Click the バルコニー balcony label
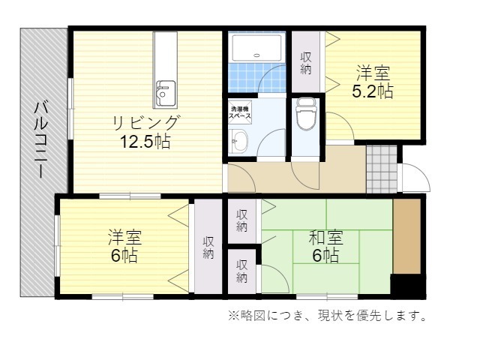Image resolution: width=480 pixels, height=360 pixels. tap(41, 140)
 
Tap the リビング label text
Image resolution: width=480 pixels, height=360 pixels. tap(145, 123)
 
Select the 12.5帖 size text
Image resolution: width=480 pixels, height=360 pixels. tap(145, 142)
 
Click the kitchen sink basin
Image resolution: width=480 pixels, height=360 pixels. tap(165, 94)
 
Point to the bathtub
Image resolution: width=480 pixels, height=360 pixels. tap(256, 48)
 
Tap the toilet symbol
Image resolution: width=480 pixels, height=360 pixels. tap(305, 114)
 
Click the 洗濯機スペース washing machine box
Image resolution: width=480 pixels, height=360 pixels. tap(240, 112)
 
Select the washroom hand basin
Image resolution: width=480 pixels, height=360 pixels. tap(238, 141)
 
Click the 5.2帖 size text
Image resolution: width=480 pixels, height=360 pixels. tap(373, 91)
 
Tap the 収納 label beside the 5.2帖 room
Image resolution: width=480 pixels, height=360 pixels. tap(306, 63)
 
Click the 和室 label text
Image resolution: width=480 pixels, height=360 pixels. tap(325, 238)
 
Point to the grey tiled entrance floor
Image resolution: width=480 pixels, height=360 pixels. tap(382, 169)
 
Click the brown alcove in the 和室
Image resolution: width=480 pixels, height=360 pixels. tap(406, 236)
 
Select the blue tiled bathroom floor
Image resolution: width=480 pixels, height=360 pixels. tap(256, 77)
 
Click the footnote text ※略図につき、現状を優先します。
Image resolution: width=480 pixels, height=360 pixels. tap(327, 315)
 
